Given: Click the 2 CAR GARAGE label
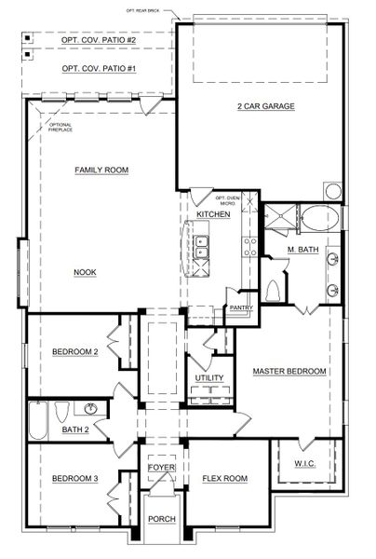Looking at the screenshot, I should coord(265,106).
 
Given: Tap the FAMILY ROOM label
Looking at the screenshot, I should coord(101,170).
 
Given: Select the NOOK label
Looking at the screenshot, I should coord(87,272).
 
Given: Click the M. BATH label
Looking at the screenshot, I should coord(303,251).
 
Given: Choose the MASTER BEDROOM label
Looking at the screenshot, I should coord(289,371).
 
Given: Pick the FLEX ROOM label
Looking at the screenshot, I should coord(224,479).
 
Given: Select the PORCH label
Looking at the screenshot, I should coord(161,518).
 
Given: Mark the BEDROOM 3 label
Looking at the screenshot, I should coord(74,479).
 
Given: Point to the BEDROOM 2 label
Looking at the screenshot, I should coord(74,352).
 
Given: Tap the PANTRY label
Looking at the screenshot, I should coord(241,307).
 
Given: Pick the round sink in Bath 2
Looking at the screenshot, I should coord(91,408).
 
